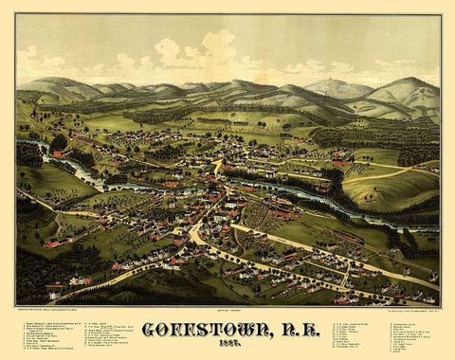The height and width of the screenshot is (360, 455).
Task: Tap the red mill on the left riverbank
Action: [59, 153]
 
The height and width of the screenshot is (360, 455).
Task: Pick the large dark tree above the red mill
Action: [59, 141]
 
